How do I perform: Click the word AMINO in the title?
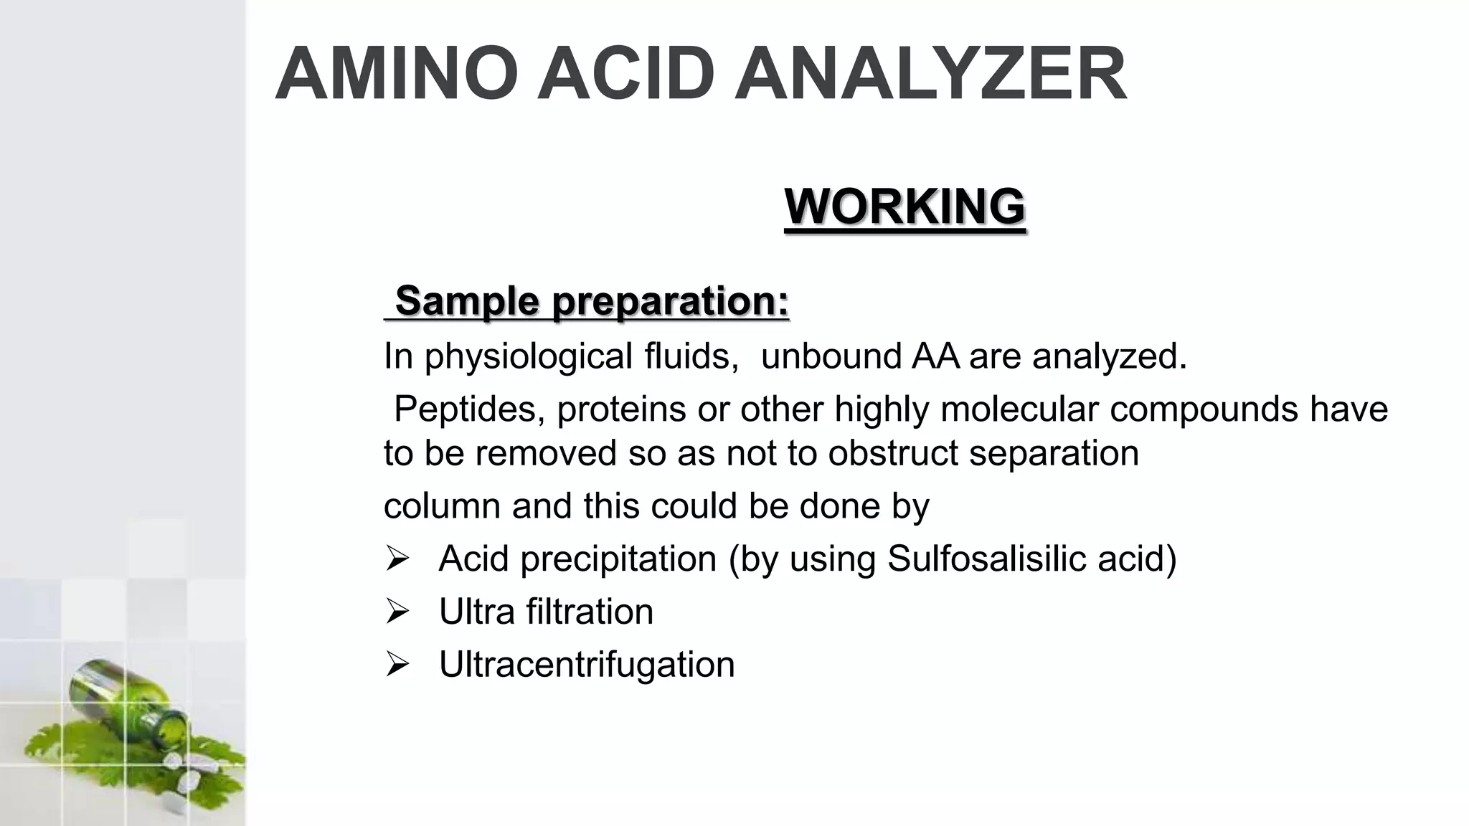[397, 75]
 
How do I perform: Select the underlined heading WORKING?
[905, 206]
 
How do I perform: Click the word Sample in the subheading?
[466, 300]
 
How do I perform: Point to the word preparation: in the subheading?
[671, 301]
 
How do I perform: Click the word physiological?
[528, 356]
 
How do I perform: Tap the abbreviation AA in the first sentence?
[935, 356]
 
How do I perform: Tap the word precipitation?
[618, 560]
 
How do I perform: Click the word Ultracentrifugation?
[587, 665]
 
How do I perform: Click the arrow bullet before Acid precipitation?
[397, 559]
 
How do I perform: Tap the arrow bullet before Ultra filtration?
[397, 612]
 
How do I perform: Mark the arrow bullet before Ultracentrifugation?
[397, 665]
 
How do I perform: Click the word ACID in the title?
[626, 75]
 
